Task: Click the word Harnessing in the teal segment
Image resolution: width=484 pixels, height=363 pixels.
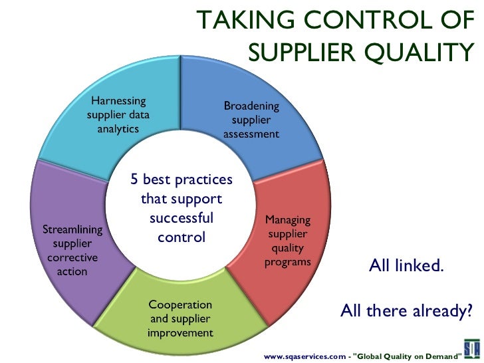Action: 118,101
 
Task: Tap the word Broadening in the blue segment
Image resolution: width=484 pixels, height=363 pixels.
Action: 251,106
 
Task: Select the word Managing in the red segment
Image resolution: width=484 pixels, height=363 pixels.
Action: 287,219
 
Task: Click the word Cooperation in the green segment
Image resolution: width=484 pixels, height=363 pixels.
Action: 180,304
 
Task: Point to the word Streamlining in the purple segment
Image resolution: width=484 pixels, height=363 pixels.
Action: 72,230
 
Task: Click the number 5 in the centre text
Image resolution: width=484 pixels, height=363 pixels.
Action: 134,180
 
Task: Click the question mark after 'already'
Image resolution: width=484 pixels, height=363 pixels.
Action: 469,310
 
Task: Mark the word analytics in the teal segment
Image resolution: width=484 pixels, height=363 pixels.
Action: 118,128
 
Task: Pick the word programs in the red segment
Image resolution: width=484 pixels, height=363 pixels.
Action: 287,261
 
